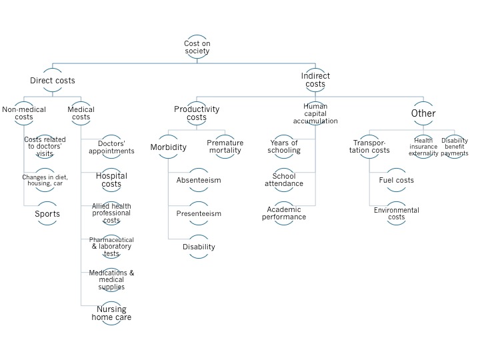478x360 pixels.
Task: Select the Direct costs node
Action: pos(53,81)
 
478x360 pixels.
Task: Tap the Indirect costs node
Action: pos(315,81)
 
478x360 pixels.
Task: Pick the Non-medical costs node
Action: pos(18,113)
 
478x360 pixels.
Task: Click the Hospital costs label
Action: pos(111,180)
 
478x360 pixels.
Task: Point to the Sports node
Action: pos(47,214)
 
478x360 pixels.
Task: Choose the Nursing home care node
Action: pos(111,313)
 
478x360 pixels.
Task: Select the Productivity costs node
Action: pos(197,113)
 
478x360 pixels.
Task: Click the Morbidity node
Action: pos(167,147)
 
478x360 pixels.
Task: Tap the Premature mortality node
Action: pos(225,147)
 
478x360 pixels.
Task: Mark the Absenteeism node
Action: pos(199,180)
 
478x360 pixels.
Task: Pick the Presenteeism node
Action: pos(199,213)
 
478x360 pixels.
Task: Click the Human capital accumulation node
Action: pos(315,113)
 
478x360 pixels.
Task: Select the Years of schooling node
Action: pos(285,147)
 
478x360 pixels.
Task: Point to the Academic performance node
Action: pos(285,213)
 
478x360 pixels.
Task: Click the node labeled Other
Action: pos(423,113)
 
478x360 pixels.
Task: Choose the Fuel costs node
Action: pos(397,180)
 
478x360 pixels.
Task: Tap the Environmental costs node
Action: pos(397,213)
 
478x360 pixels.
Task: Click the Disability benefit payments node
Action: pos(455,147)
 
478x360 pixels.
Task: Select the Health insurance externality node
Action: pos(424,147)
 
